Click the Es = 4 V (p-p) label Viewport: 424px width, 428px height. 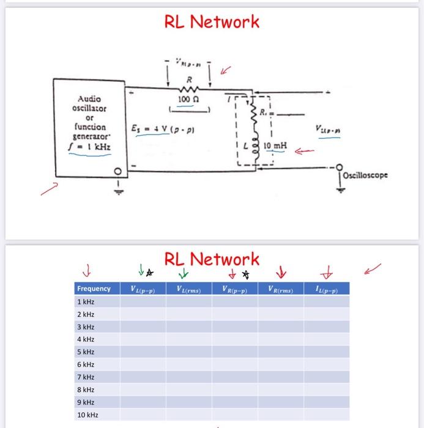pyautogui.click(x=154, y=129)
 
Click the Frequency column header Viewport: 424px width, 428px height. pyautogui.click(x=94, y=289)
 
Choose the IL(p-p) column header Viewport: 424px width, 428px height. pyautogui.click(x=325, y=289)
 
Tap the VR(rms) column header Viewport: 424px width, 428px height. pyautogui.click(x=280, y=289)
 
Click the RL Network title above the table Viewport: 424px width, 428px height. pyautogui.click(x=212, y=259)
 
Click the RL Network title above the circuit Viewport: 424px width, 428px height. pyautogui.click(x=212, y=22)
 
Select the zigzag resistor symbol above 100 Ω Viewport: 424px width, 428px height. pyautogui.click(x=189, y=89)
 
